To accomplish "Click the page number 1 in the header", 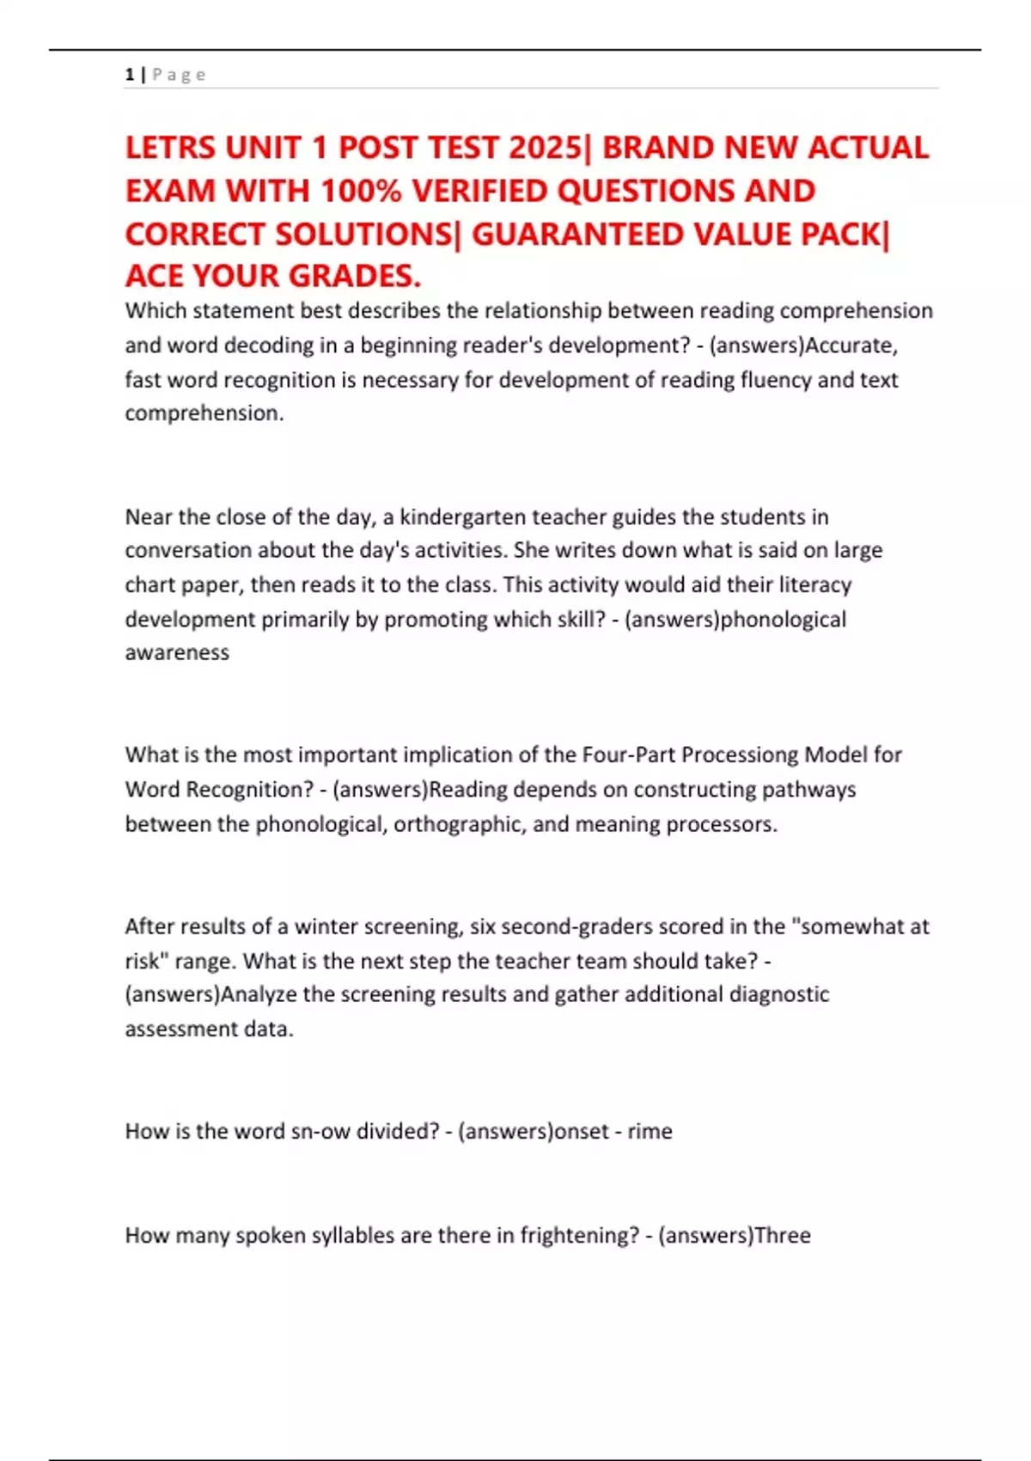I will (x=130, y=75).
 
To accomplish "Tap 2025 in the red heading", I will (x=545, y=148).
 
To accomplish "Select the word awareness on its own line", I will (x=177, y=652).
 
